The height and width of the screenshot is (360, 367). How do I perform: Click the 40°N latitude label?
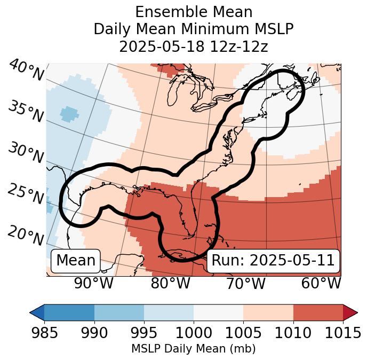[26, 71]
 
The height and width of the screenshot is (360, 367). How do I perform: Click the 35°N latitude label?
[26, 111]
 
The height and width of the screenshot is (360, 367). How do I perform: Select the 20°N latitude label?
[26, 235]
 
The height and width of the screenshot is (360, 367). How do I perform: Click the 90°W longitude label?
[93, 284]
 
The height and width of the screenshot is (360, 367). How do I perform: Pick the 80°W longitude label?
[170, 284]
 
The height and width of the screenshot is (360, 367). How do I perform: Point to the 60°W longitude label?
[321, 284]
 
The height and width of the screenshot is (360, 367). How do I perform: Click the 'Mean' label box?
[76, 261]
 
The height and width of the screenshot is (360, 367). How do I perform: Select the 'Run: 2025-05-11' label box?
[273, 261]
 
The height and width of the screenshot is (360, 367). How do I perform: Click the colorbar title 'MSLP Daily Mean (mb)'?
[194, 349]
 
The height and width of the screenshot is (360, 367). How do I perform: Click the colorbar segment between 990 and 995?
[119, 312]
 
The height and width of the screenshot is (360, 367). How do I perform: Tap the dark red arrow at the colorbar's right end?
[350, 312]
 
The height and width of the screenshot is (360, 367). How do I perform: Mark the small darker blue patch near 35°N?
[69, 113]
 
